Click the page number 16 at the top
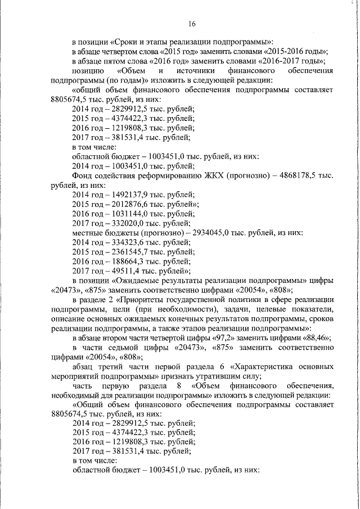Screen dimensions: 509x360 point(192,24)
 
